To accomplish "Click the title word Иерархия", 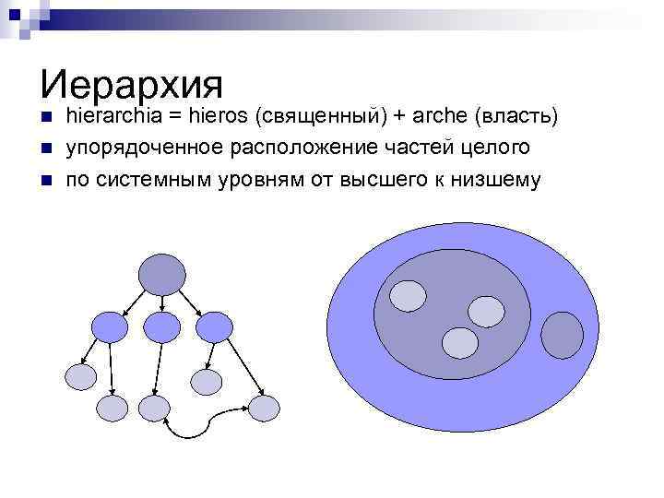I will point(133,85).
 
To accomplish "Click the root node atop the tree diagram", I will point(161,272).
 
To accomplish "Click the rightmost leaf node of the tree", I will point(263,407).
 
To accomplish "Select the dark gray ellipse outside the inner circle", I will point(562,334).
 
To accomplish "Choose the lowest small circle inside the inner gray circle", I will point(460,342).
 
